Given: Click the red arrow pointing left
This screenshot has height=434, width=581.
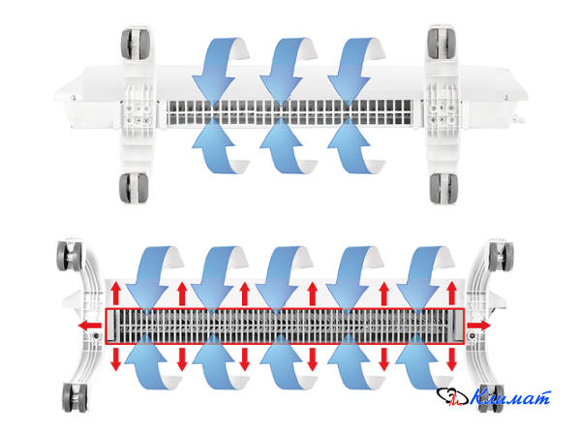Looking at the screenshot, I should click(89, 325).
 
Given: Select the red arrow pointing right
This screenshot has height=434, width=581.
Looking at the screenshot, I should click(478, 325).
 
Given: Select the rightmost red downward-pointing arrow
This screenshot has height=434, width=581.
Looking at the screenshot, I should click(451, 358).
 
